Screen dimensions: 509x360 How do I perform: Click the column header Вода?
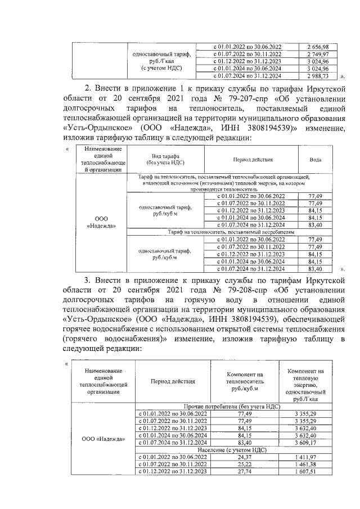tap(316, 160)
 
